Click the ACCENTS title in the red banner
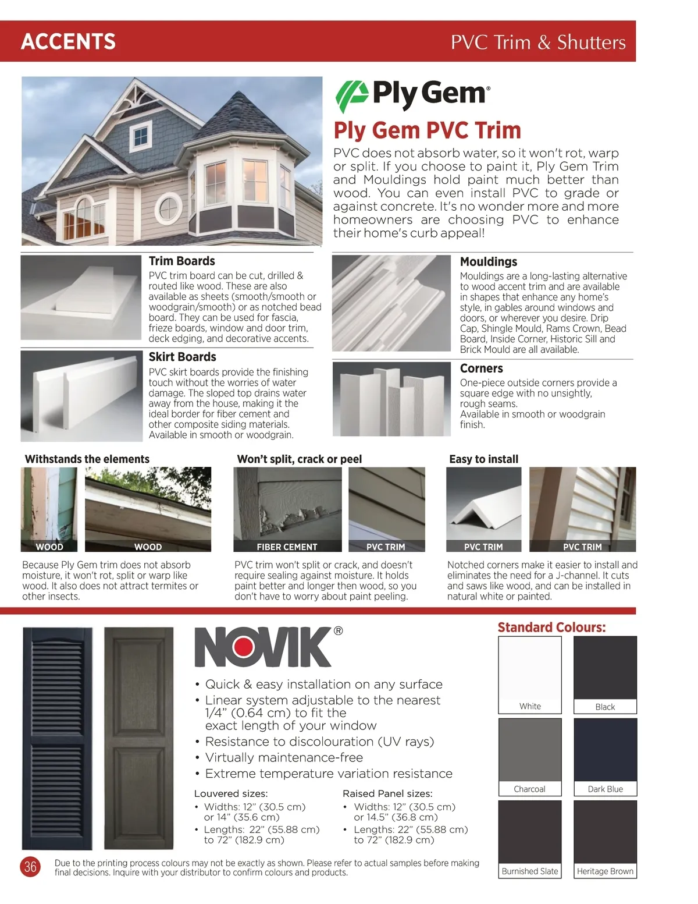point(68,41)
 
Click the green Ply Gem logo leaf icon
point(351,96)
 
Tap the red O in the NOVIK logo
point(254,647)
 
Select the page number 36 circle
point(30,867)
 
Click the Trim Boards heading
point(181,261)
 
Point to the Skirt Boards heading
point(182,357)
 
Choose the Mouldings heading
point(488,262)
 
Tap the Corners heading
point(481,368)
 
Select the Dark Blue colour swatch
point(605,750)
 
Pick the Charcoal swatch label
point(529,789)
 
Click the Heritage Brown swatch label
point(605,871)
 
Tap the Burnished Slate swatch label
point(530,871)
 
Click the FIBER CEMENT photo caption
point(287,547)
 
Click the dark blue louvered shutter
point(57,738)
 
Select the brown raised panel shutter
point(138,738)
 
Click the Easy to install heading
point(483,459)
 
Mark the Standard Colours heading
point(551,628)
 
